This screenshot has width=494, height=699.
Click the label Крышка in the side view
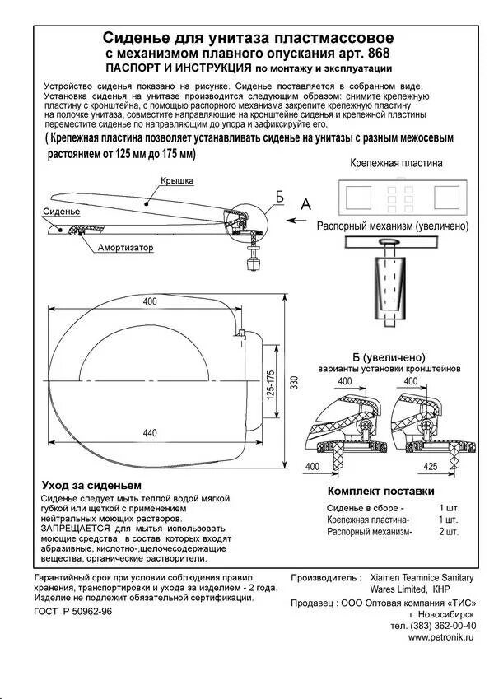pos(176,180)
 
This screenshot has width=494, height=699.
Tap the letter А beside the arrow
pos(305,203)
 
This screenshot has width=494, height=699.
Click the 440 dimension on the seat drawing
pos(149,434)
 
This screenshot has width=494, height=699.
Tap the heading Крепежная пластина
pos(396,163)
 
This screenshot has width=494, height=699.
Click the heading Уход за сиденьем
pos(91,485)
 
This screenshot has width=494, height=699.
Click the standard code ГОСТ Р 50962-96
pos(73,612)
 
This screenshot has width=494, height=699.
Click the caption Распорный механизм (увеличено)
pos(393,226)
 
